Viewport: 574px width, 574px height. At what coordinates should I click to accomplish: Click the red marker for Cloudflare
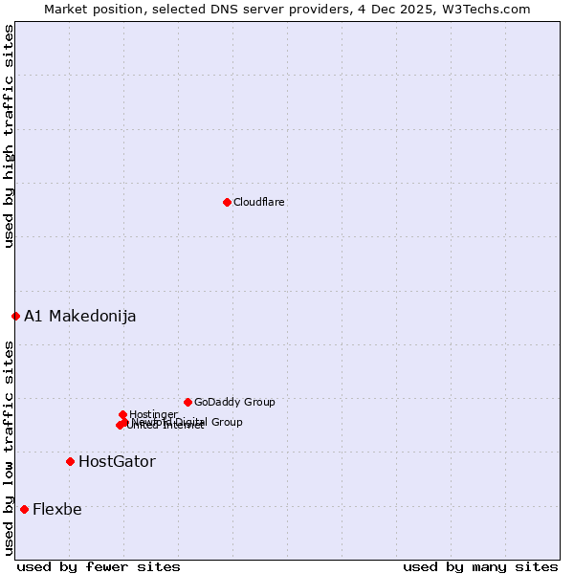click(227, 202)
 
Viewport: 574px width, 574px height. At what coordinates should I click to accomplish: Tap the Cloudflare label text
click(259, 202)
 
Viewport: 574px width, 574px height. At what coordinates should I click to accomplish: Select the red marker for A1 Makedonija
click(15, 316)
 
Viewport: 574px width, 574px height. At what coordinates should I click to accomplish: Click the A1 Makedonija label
click(80, 317)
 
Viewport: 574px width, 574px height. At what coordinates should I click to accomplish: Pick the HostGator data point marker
click(70, 461)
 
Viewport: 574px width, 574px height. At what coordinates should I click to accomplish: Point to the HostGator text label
click(117, 462)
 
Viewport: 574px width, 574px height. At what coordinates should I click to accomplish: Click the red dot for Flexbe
click(24, 509)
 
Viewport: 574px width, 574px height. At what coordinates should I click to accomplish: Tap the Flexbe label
click(57, 509)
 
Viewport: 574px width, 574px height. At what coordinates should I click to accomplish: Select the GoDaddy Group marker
click(188, 402)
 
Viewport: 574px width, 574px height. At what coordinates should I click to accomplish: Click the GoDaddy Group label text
click(234, 402)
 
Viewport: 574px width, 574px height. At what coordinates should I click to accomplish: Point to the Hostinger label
click(153, 414)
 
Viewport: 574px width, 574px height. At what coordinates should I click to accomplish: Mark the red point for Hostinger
click(122, 414)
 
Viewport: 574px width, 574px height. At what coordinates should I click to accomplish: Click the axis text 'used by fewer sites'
click(99, 566)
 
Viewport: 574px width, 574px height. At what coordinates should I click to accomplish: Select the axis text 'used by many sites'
click(480, 566)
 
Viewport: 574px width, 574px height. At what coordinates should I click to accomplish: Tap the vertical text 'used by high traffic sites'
click(9, 136)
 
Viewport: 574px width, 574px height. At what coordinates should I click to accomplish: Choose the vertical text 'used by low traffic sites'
click(9, 448)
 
